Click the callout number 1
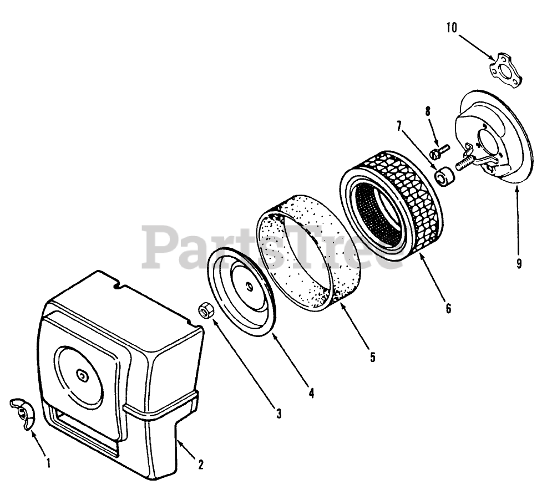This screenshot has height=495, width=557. pos(48,461)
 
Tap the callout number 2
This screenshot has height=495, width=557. pos(201,465)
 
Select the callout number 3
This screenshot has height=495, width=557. pos(278,412)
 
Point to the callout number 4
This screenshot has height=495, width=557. pos(311,393)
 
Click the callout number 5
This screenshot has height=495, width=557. pos(373,357)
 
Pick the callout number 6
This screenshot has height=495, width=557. pos(448,308)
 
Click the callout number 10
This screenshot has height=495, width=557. pos(452,28)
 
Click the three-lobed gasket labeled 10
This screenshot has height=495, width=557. pos(505,70)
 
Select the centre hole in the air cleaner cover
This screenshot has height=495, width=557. pos(83,376)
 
